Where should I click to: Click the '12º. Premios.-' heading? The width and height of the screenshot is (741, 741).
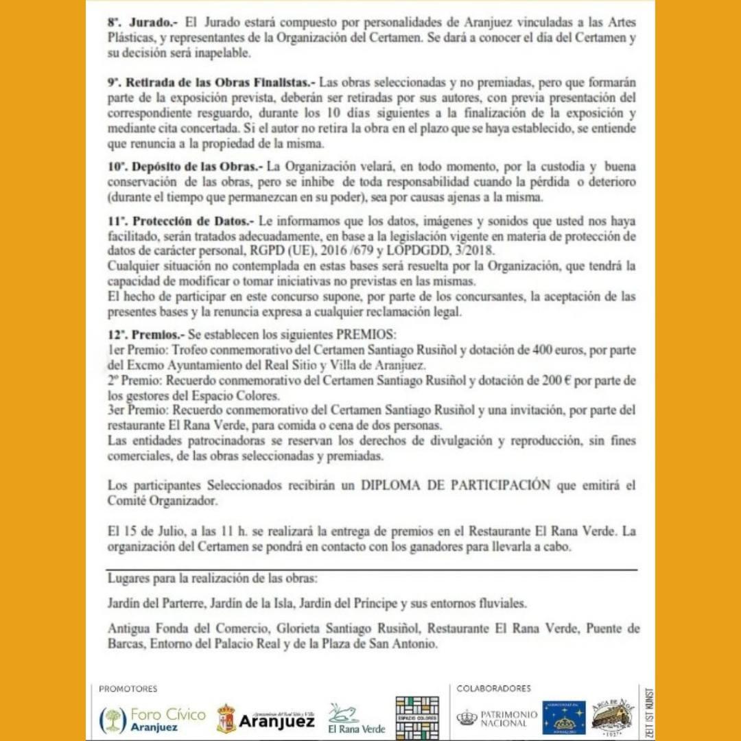click(x=143, y=336)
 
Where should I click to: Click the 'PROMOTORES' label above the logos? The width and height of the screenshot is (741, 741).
click(x=128, y=689)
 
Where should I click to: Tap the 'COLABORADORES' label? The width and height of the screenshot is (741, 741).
click(x=494, y=689)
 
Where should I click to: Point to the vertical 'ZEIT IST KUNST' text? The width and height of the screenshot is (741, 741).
click(x=649, y=713)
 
